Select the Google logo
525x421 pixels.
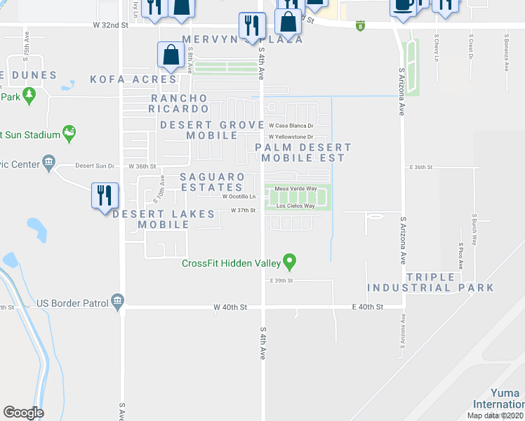click(24, 413)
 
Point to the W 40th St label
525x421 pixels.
click(231, 307)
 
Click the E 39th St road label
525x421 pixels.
click(281, 280)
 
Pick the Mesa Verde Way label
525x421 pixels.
click(295, 189)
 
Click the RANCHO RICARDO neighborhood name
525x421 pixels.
click(179, 103)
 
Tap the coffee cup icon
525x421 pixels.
click(404, 6)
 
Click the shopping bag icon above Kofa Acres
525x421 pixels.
click(171, 55)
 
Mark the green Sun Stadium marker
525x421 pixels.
click(69, 133)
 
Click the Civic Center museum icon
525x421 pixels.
click(48, 164)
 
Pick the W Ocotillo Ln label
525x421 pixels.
click(239, 196)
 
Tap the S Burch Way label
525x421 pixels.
click(474, 229)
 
